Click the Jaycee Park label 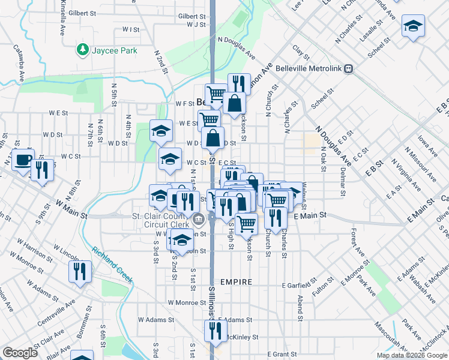pos(114,50)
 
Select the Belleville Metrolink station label pos(308,68)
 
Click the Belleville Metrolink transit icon pos(348,68)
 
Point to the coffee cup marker pos(23,160)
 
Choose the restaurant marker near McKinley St pos(215,331)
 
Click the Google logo pos(20,353)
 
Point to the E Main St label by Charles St pos(310,215)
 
